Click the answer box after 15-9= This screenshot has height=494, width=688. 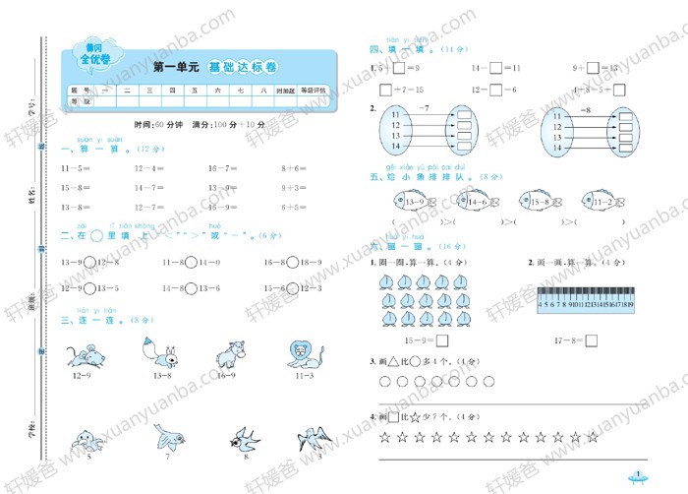pyautogui.click(x=442, y=341)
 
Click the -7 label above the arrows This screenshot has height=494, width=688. pyautogui.click(x=424, y=104)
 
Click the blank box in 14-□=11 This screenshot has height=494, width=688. pyautogui.click(x=496, y=68)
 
